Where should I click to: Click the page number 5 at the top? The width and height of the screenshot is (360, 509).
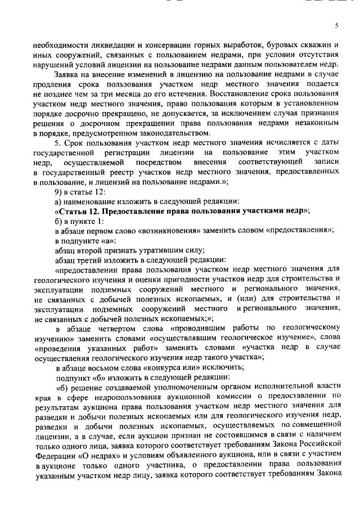pyautogui.click(x=336, y=25)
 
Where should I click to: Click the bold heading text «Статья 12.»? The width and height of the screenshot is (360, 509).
pyautogui.click(x=78, y=210)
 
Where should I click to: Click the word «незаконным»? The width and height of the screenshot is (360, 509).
pyautogui.click(x=313, y=123)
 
